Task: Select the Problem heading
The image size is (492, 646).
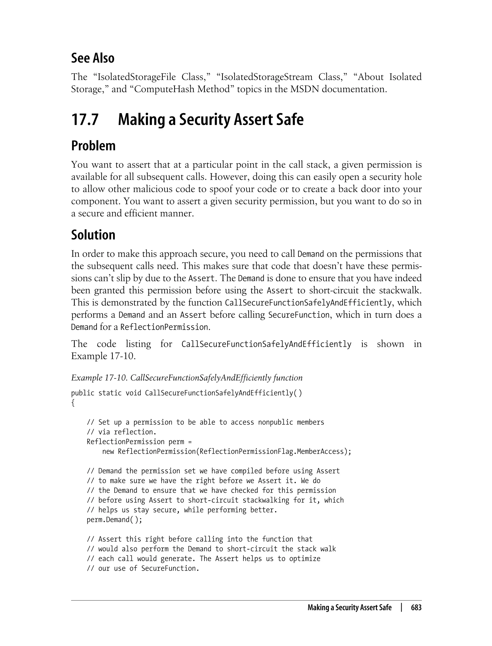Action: [93, 146]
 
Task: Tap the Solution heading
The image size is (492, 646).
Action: [93, 235]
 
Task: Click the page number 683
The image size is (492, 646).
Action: [416, 608]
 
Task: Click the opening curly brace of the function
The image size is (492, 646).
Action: [73, 403]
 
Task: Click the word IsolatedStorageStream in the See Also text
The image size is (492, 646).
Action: [266, 77]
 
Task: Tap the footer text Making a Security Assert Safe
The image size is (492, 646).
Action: [349, 608]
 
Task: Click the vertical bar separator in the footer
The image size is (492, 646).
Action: [401, 608]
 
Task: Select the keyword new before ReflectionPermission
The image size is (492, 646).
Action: [108, 451]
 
